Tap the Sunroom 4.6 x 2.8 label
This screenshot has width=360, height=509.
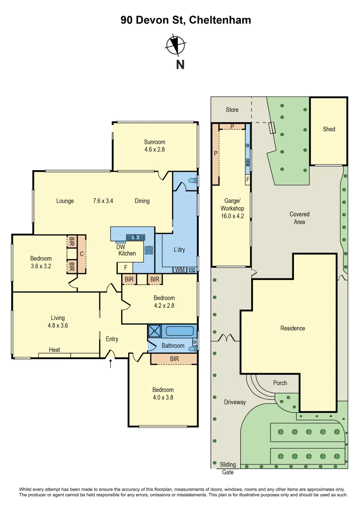click(155, 146)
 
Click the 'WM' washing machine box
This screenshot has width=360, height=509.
click(180, 270)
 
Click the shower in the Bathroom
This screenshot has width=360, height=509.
click(155, 331)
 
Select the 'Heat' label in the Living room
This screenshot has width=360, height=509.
click(55, 350)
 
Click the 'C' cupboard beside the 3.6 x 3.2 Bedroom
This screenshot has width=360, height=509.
click(82, 254)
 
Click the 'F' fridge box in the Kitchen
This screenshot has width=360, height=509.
click(125, 268)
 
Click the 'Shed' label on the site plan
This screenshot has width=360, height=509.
click(329, 129)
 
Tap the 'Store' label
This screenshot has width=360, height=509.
click(232, 110)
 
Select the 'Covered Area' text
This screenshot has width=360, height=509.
click(299, 218)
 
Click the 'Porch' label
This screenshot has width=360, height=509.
click(280, 383)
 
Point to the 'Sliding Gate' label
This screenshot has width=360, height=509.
click(228, 468)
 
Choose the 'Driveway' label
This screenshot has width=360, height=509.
click(235, 402)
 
